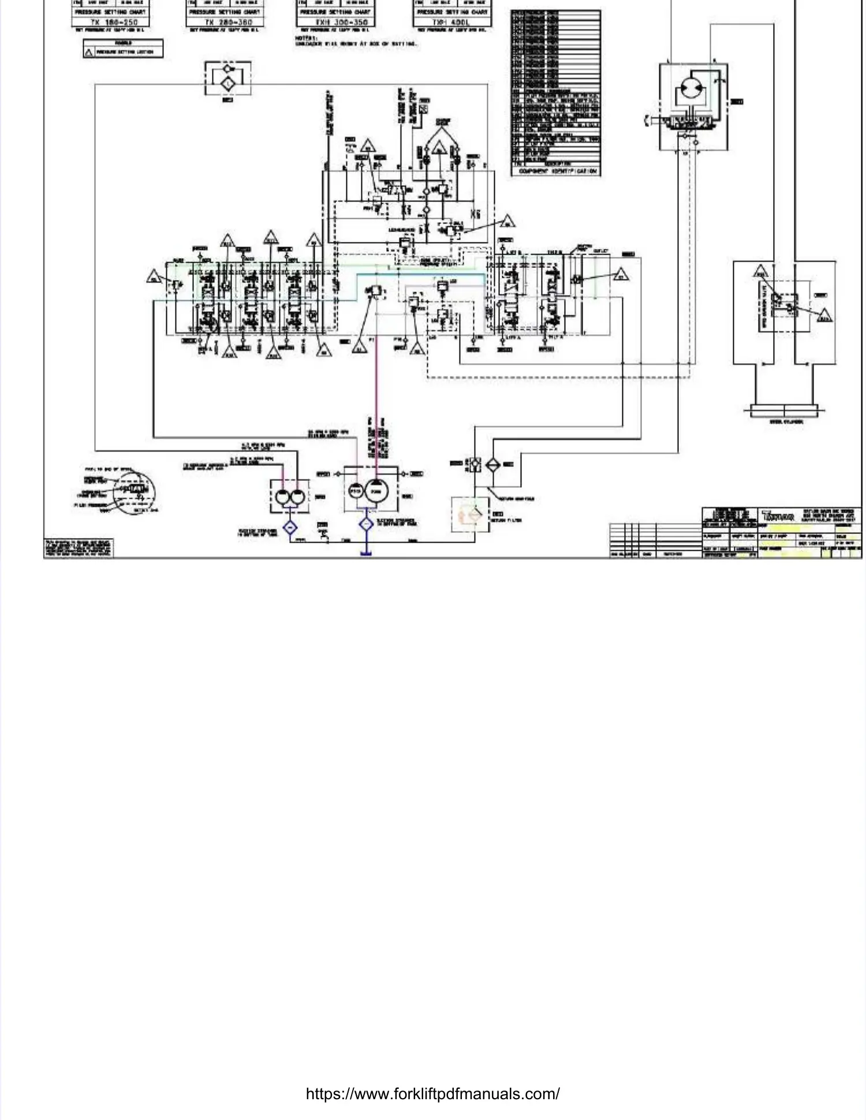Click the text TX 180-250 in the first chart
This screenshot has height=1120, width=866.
coord(114,22)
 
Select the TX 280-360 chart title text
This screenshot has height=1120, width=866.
coord(228,22)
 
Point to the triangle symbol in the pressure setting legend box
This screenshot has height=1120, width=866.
coord(89,52)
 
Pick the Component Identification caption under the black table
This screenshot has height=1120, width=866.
coord(558,171)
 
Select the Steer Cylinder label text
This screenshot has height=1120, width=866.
coord(786,422)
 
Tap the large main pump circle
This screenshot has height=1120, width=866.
coord(376,492)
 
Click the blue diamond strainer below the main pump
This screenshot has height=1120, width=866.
coord(366,524)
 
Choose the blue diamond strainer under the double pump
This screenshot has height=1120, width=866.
coord(289,527)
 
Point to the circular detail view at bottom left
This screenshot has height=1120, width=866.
coord(134,492)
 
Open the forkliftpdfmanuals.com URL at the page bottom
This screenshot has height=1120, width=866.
coord(432,1094)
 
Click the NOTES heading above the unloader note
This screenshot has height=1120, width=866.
coord(304,38)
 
